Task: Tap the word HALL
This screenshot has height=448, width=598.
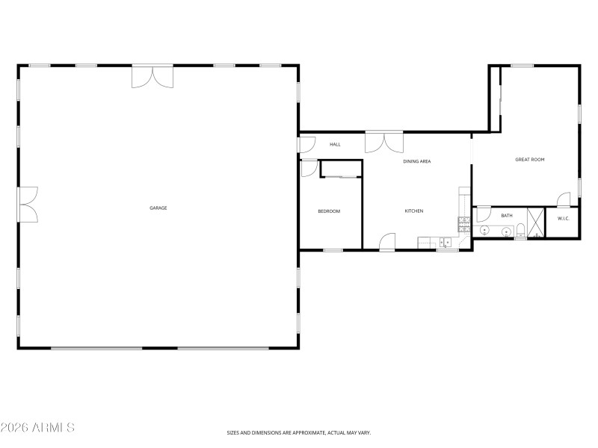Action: tap(335, 144)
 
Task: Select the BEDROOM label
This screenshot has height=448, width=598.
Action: tap(329, 211)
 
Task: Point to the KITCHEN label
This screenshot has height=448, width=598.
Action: tap(414, 211)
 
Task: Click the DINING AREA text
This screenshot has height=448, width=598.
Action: tap(416, 161)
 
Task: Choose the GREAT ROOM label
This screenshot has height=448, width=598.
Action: tap(529, 160)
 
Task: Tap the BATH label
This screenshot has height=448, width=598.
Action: tap(507, 216)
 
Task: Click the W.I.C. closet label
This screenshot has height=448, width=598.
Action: tap(563, 218)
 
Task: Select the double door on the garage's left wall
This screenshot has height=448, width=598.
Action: tap(28, 205)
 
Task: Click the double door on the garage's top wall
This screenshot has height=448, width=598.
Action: tap(152, 78)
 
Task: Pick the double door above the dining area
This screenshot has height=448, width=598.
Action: tap(383, 142)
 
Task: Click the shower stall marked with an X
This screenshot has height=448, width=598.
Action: tap(536, 223)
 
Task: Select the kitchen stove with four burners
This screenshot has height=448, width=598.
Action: tap(463, 223)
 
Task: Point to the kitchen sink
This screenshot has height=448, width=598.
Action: tap(446, 242)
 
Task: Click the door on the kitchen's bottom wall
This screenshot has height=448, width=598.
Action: tap(387, 242)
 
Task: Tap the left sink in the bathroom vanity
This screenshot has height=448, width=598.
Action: tap(484, 231)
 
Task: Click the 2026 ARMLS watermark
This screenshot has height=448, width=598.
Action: tap(37, 428)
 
